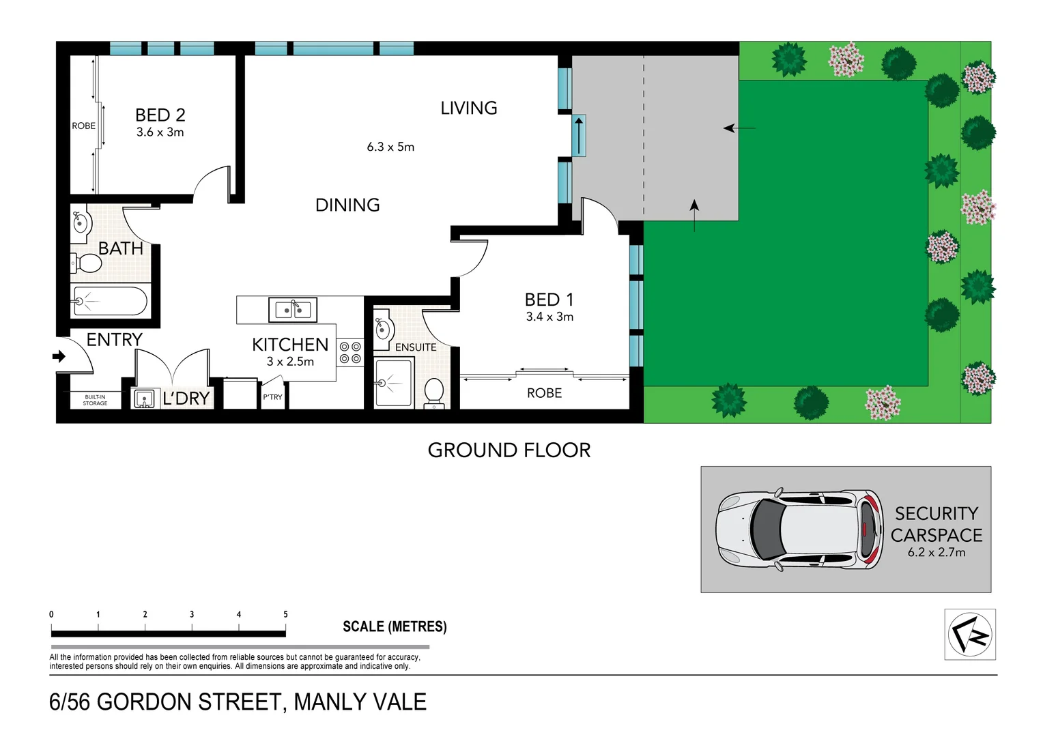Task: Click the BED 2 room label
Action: (x=160, y=115)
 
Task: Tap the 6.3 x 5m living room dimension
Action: (x=390, y=147)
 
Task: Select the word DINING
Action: (x=347, y=205)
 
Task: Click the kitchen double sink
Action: (x=293, y=310)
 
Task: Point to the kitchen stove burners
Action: (x=350, y=353)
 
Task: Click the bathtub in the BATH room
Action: (x=110, y=301)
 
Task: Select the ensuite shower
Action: (x=393, y=384)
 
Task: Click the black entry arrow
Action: (x=59, y=356)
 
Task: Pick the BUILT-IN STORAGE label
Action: (x=96, y=400)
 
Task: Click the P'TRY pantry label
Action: (x=272, y=397)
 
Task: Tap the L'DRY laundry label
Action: (x=186, y=399)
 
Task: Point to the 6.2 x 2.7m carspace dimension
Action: (x=937, y=553)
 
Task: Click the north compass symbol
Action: (x=970, y=635)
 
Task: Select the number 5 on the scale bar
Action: (x=285, y=615)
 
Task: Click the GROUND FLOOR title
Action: (x=509, y=450)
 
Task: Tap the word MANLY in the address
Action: (x=327, y=702)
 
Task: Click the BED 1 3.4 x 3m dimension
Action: (x=549, y=317)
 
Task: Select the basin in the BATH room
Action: (x=81, y=222)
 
